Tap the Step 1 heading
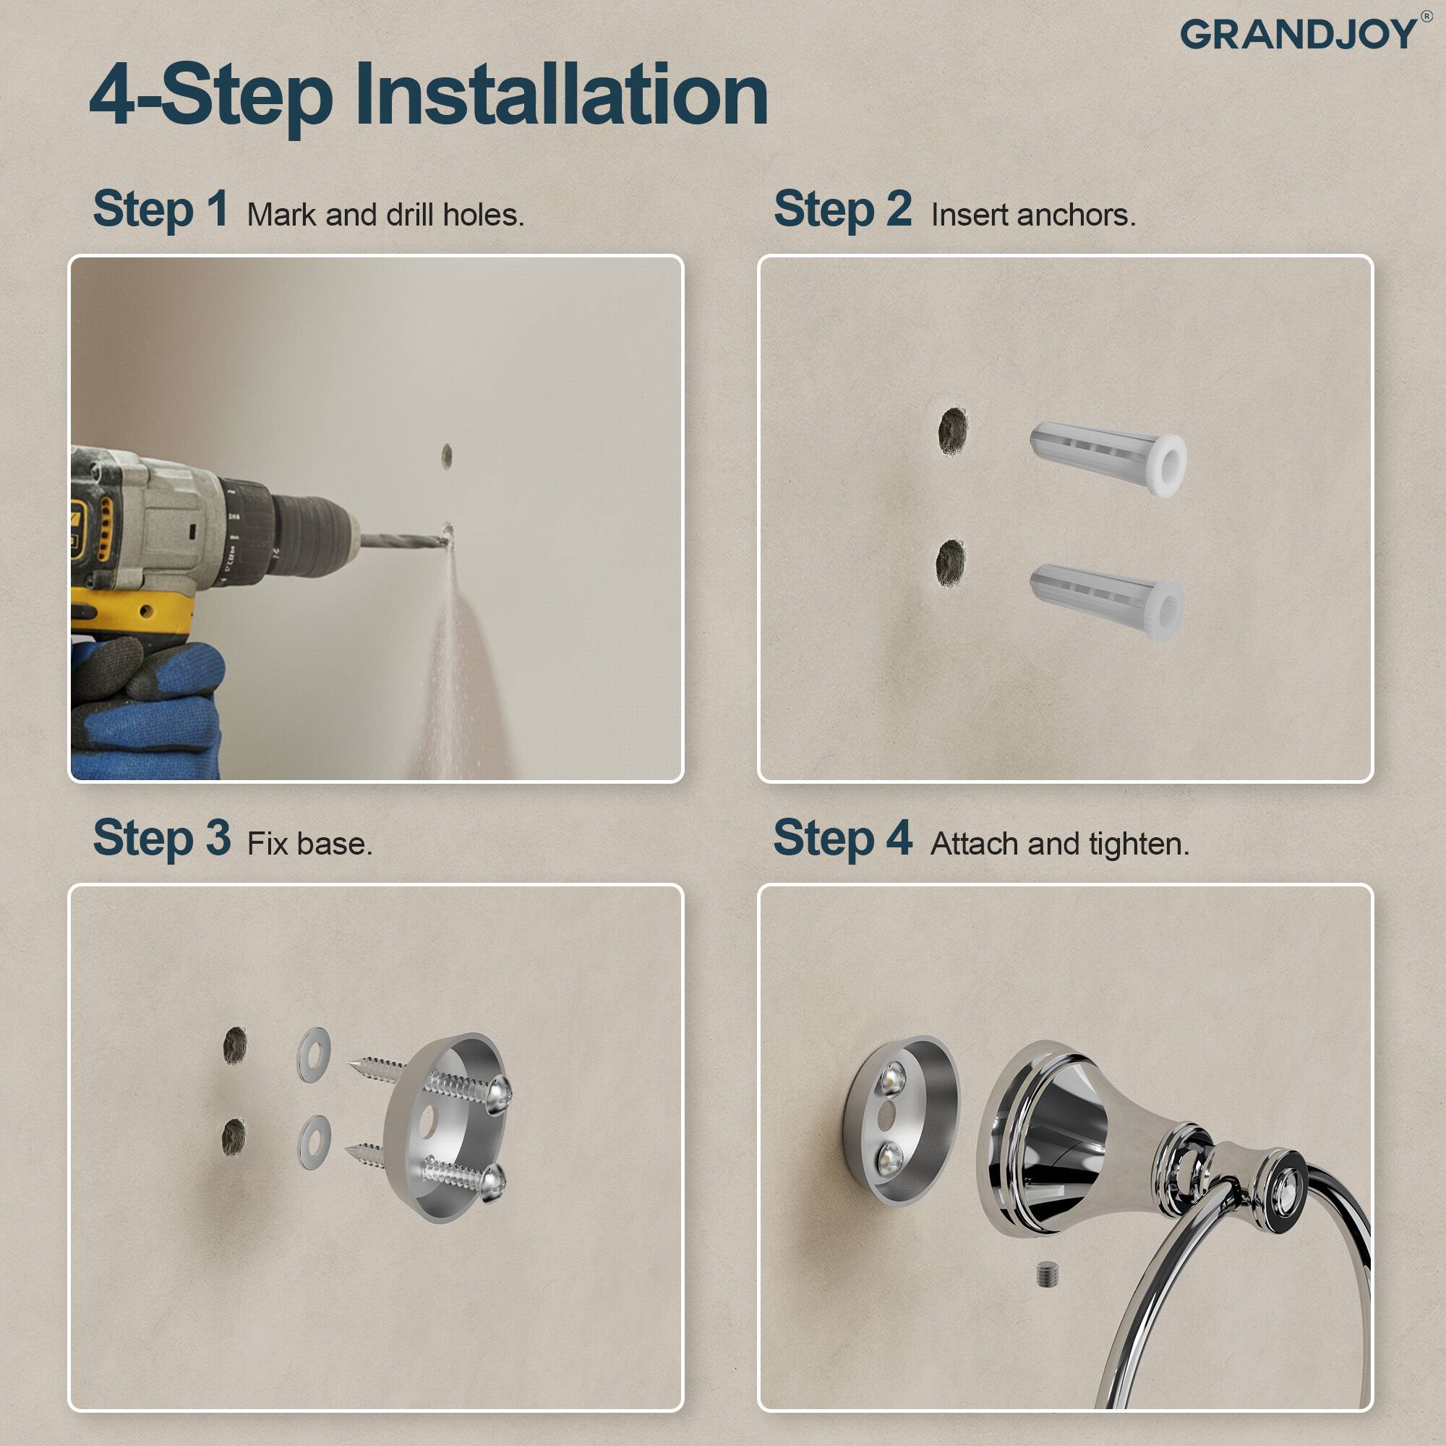pyautogui.click(x=161, y=209)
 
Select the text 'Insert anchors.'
pyautogui.click(x=1033, y=215)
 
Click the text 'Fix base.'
pyautogui.click(x=309, y=844)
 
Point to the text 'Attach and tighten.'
pyautogui.click(x=1059, y=844)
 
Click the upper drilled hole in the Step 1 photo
pyautogui.click(x=447, y=455)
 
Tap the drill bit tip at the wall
pyautogui.click(x=447, y=534)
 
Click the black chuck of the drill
pyautogui.click(x=311, y=534)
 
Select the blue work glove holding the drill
pyautogui.click(x=146, y=707)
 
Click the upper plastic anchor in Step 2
pyautogui.click(x=1108, y=458)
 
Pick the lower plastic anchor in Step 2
pyautogui.click(x=1106, y=601)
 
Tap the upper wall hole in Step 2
pyautogui.click(x=953, y=430)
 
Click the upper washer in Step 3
pyautogui.click(x=314, y=1054)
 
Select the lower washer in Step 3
pyautogui.click(x=315, y=1142)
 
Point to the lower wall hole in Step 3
pyautogui.click(x=234, y=1137)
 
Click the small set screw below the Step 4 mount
pyautogui.click(x=1048, y=1275)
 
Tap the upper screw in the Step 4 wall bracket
pyautogui.click(x=892, y=1079)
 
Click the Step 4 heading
pyautogui.click(x=842, y=838)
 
